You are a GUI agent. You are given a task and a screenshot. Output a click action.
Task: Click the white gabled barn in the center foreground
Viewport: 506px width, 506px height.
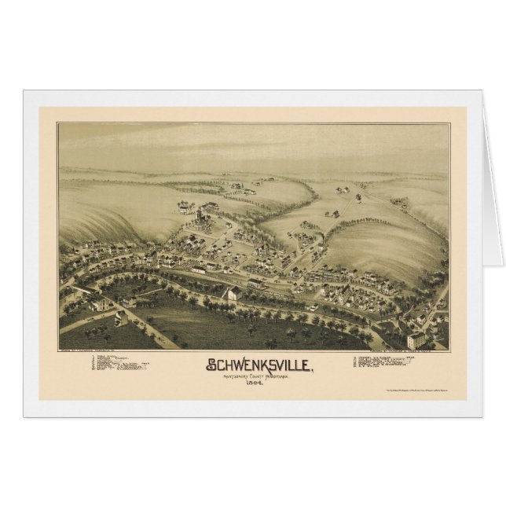(233, 294)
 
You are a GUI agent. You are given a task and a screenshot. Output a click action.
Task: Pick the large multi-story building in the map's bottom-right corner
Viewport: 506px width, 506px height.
(416, 339)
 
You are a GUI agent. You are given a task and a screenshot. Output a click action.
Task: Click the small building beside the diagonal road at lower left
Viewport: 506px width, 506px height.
(121, 317)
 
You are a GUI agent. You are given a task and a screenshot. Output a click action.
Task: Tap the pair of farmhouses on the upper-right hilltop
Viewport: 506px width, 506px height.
(343, 189)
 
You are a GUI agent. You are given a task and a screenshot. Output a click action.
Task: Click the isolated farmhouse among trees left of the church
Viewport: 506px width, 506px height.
(185, 207)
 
